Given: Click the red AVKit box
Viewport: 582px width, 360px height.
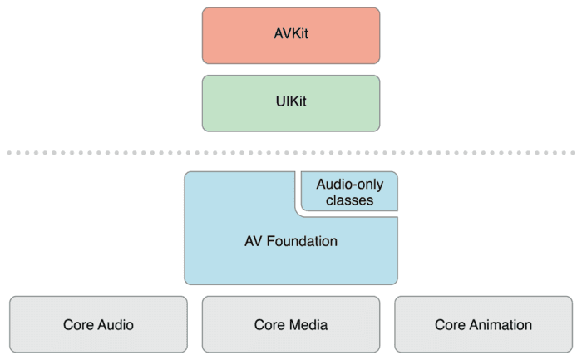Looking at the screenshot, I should [290, 35].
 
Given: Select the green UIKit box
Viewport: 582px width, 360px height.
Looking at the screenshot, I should [290, 103].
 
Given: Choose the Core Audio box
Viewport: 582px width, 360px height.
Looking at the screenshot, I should [98, 324].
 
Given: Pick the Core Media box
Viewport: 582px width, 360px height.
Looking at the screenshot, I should [290, 324].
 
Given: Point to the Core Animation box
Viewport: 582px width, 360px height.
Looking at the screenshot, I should [483, 324].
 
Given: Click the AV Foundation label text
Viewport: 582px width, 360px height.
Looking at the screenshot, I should [290, 242].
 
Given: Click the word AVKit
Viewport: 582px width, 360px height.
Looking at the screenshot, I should [290, 35].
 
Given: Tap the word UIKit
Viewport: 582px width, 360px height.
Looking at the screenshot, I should [290, 103].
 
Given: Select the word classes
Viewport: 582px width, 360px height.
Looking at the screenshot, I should [350, 200].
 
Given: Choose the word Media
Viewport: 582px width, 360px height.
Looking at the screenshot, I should [308, 324].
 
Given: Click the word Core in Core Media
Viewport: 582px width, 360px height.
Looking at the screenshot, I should [271, 324].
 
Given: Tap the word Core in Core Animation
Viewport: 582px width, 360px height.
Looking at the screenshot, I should [450, 324].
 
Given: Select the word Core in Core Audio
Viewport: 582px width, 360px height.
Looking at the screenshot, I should [79, 324].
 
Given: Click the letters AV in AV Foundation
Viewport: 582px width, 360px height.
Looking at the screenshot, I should [254, 242].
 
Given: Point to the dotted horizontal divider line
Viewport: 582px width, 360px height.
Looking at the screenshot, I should [290, 153].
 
